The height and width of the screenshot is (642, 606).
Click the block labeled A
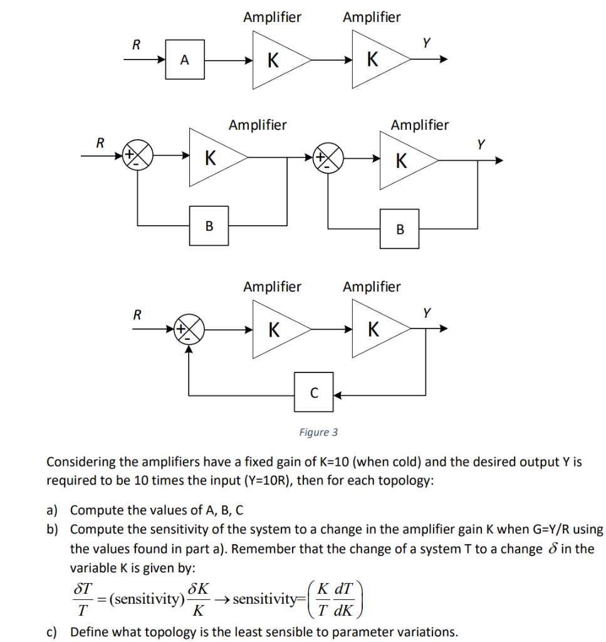click(184, 60)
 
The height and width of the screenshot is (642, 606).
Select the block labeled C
click(314, 392)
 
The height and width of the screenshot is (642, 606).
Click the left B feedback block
click(209, 225)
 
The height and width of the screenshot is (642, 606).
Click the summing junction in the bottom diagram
click(189, 329)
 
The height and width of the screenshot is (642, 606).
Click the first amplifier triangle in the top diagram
click(276, 60)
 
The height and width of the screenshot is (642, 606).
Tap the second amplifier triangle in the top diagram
click(375, 60)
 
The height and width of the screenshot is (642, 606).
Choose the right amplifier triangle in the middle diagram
click(403, 160)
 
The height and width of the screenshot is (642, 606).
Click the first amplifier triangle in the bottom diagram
click(276, 329)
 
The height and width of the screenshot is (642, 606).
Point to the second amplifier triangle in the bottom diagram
click(375, 329)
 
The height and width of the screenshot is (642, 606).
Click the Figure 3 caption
click(318, 432)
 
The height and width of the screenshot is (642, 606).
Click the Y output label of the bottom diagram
click(427, 312)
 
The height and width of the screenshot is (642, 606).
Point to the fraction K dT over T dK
click(335, 599)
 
